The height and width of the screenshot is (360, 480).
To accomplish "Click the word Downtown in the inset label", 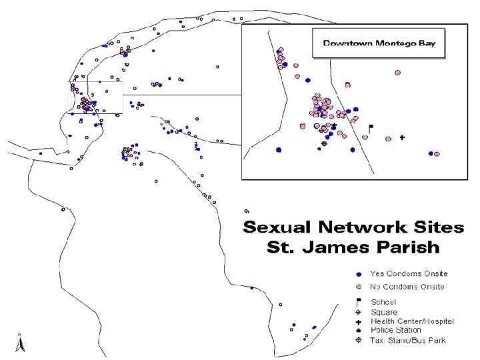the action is click(344, 43).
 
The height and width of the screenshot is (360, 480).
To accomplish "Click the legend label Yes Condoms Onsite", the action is click(408, 273).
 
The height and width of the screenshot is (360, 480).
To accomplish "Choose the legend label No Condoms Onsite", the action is click(407, 287).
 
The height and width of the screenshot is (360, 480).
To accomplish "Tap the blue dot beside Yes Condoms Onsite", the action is click(359, 274).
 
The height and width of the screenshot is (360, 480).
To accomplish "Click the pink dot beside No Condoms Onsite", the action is click(359, 287).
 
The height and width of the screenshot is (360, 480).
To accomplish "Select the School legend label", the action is click(383, 302).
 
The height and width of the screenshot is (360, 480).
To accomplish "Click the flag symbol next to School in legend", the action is click(359, 302).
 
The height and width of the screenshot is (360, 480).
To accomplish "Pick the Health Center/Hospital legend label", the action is click(411, 321).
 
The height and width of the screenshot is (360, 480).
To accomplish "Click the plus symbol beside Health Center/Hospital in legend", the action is click(359, 322).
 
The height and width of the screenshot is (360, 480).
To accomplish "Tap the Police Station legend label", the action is click(395, 330).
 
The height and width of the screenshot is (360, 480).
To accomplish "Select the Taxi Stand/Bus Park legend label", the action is click(407, 341).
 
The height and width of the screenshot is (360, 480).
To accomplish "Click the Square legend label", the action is click(383, 312).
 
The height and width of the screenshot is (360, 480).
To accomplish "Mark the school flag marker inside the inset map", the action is click(371, 127).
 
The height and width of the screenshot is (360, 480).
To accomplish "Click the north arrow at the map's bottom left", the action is click(21, 343).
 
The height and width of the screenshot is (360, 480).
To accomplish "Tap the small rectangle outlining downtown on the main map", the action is click(96, 97).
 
